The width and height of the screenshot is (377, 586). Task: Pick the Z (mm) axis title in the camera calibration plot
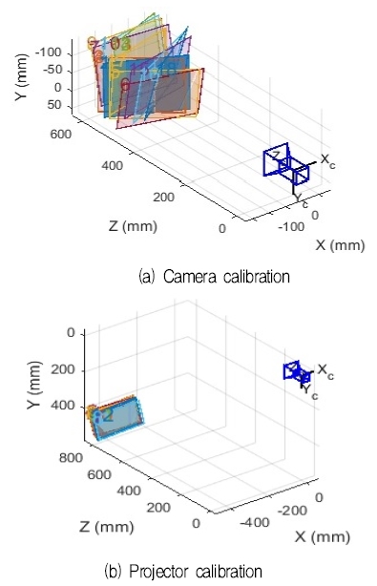coord(133,227)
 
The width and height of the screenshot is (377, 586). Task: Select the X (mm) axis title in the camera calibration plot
coord(341,245)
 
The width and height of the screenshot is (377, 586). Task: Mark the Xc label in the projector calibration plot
coord(325,368)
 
